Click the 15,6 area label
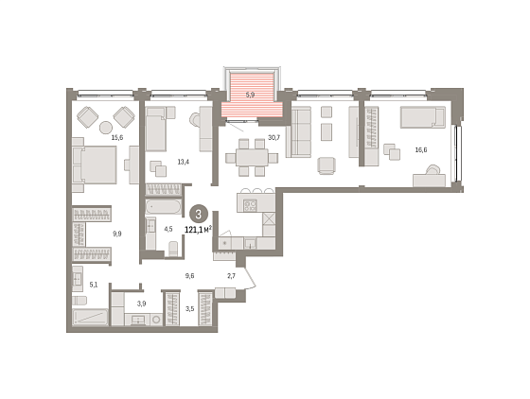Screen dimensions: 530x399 (117, 137)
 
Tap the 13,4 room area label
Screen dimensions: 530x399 (184, 162)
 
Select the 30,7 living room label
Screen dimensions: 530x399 (274, 137)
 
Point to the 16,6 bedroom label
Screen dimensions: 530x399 (421, 150)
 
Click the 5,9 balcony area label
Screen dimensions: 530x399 (250, 95)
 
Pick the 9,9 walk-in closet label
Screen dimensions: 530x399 (117, 234)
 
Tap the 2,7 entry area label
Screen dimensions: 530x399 (231, 276)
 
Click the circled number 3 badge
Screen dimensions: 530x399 (199, 214)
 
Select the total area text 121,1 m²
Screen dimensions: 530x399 (199, 230)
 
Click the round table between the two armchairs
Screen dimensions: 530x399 (106, 128)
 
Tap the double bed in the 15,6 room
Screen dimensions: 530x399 (95, 165)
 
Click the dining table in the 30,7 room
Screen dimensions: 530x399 (252, 158)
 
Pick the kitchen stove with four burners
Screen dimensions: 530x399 (250, 205)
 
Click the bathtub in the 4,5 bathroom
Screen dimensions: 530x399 (164, 206)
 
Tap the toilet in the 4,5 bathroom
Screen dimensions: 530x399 (172, 249)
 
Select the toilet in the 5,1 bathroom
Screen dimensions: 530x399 (79, 301)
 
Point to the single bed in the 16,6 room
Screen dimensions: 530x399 (423, 117)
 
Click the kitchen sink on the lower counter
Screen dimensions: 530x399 (250, 243)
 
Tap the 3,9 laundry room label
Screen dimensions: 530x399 (141, 304)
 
